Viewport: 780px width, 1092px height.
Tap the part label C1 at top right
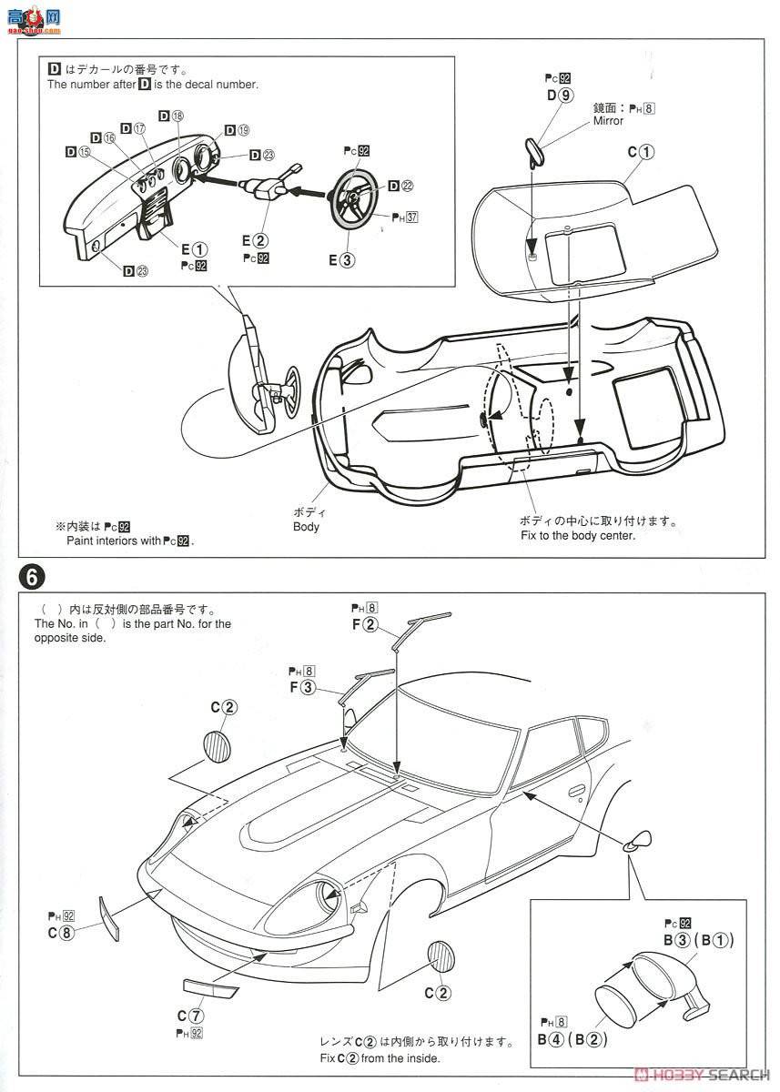coord(641,153)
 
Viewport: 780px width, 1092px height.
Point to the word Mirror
coord(608,121)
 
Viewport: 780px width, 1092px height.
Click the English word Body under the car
coord(306,526)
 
